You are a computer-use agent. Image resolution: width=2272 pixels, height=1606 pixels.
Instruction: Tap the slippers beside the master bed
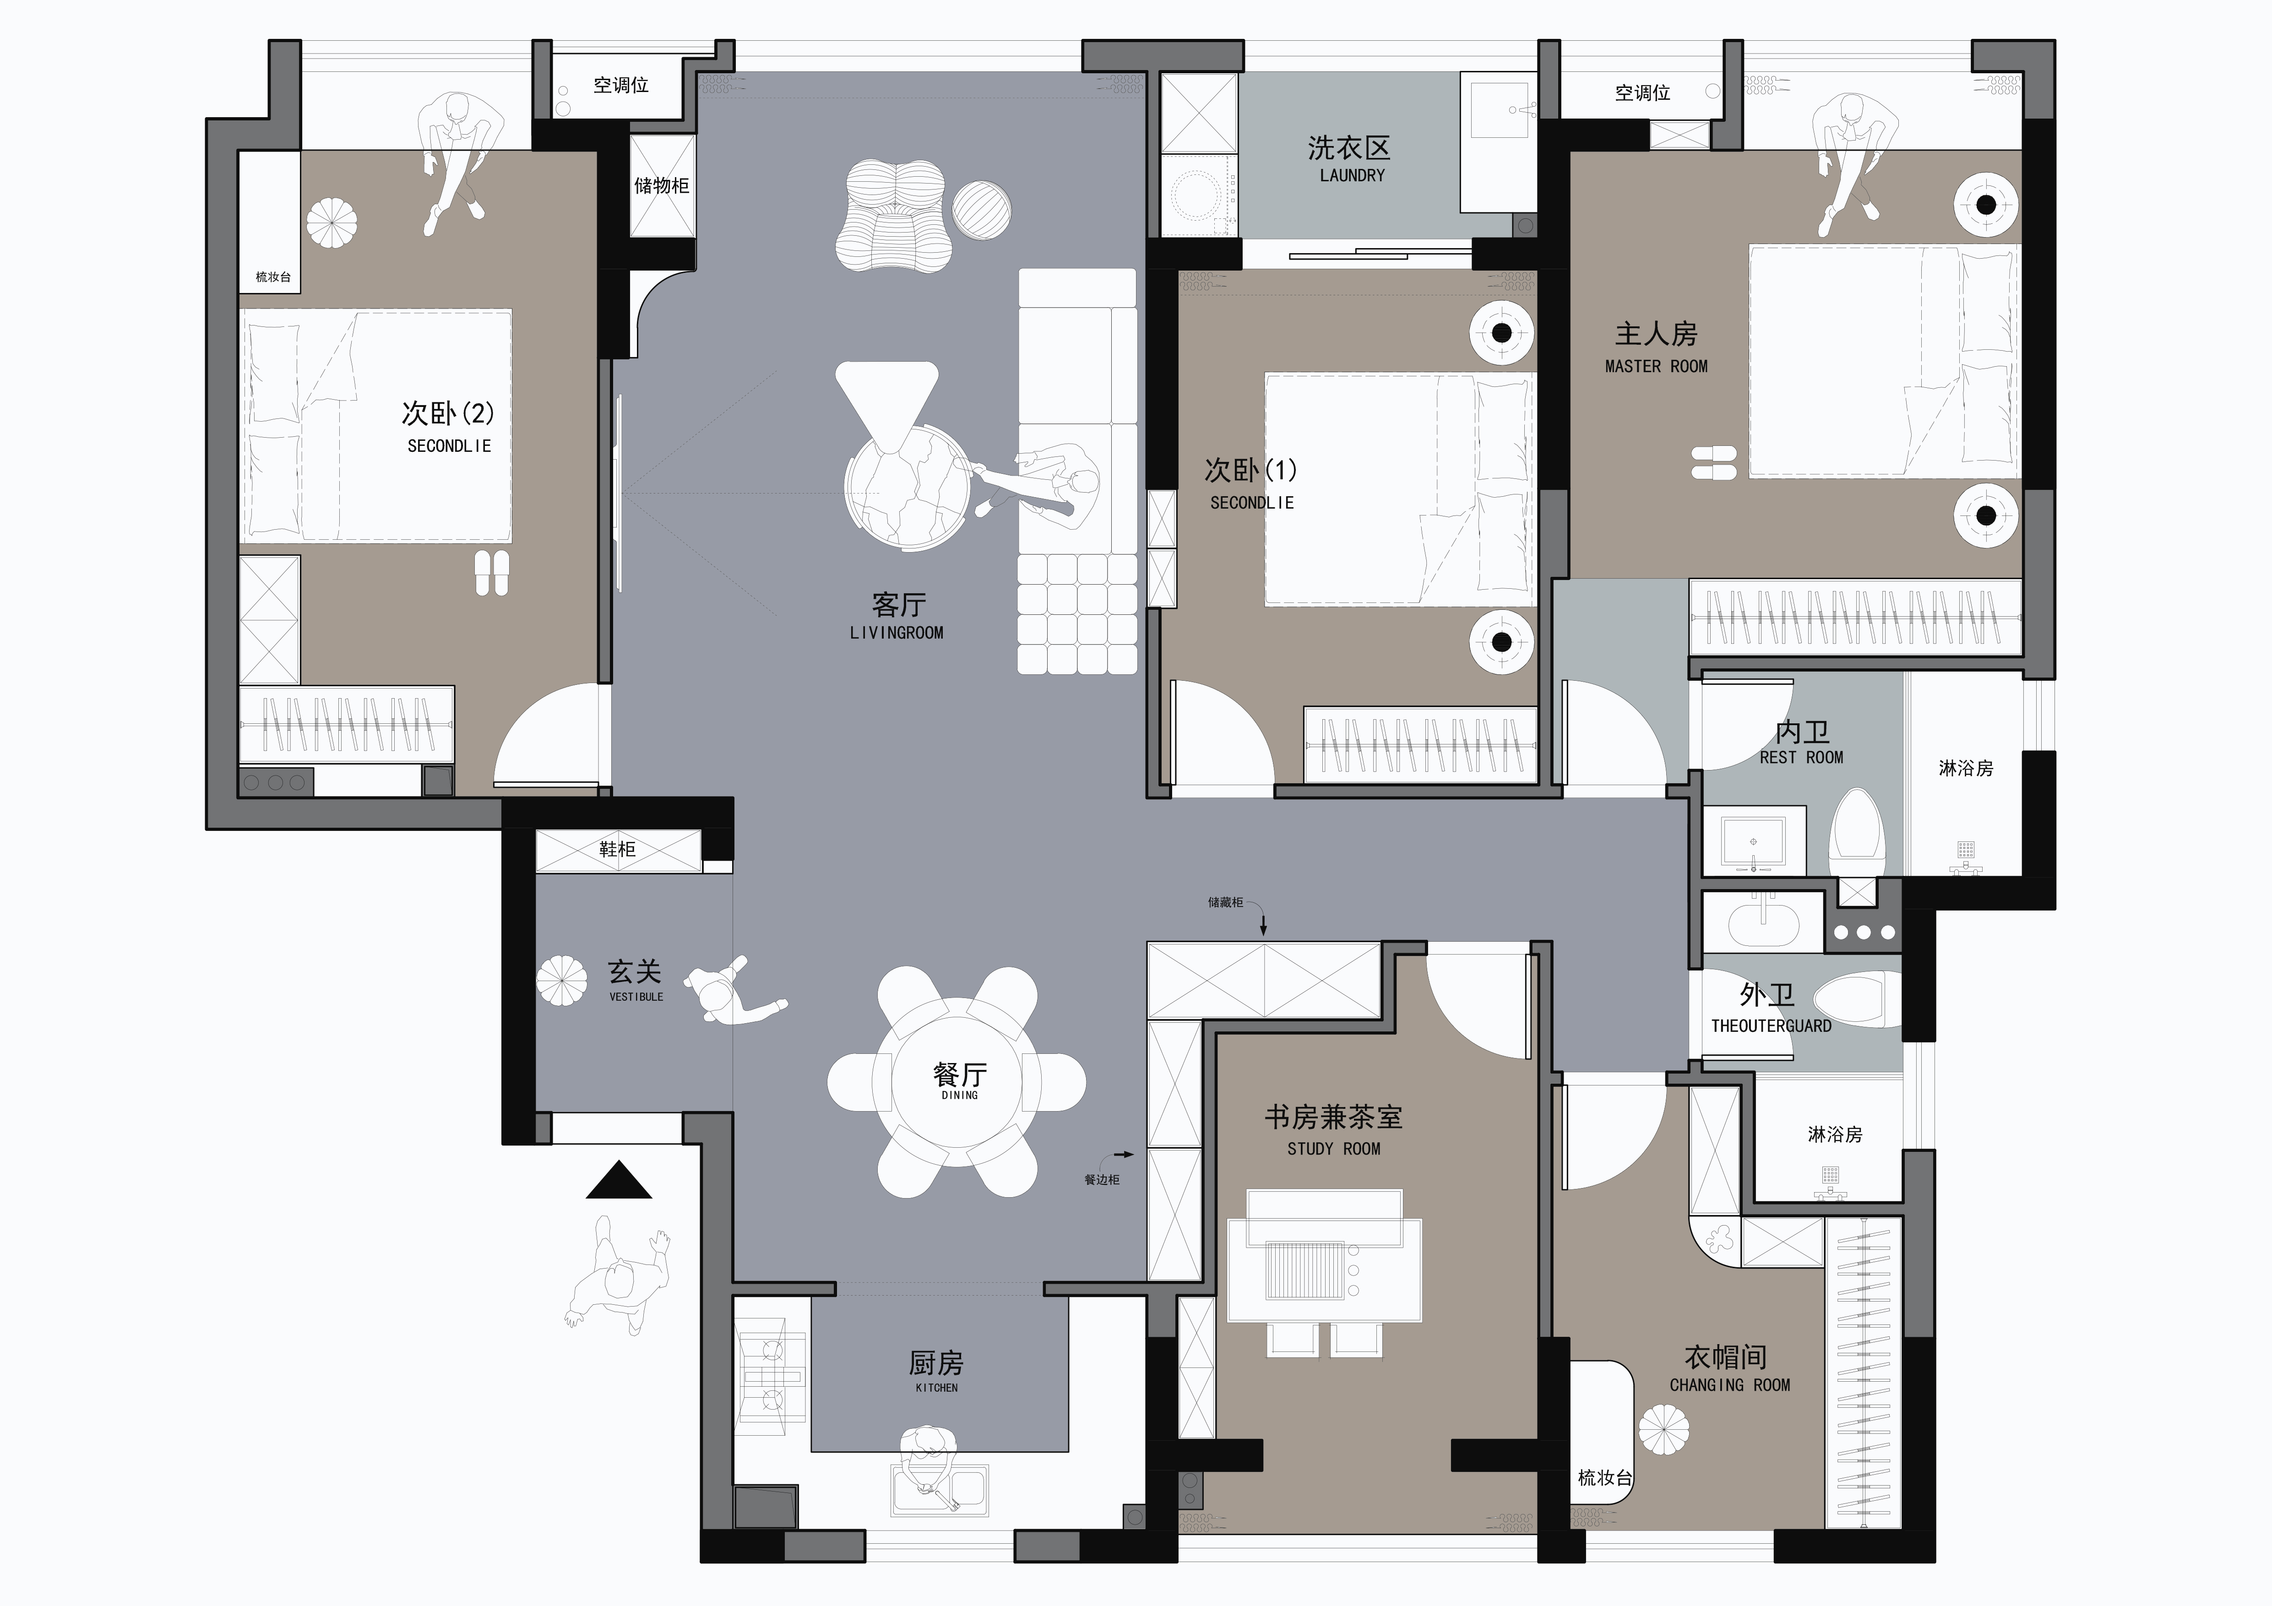click(1714, 463)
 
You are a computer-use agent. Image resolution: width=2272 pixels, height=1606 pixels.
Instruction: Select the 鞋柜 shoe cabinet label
click(618, 849)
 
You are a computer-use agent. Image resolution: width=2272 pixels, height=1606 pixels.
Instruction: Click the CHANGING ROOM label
click(1730, 1385)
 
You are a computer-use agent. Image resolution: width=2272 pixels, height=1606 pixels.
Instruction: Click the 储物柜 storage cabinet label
click(661, 185)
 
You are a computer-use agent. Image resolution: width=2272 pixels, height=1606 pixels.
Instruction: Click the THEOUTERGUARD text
click(1771, 1026)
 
